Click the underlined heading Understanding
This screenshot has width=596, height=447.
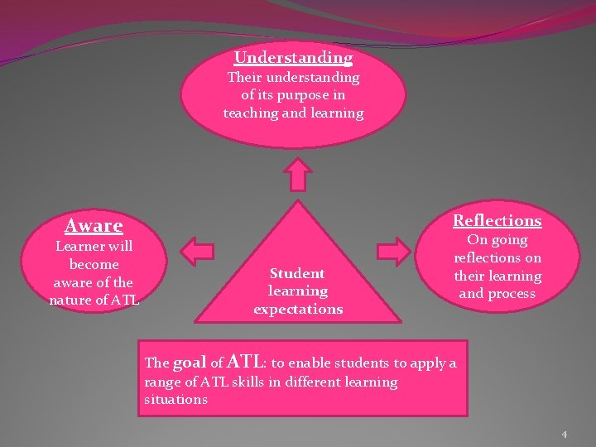point(293,58)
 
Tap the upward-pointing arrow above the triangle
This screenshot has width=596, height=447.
point(296,176)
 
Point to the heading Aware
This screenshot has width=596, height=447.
point(94,225)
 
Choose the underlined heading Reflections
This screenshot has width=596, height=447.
point(497,220)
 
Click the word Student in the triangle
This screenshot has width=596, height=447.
point(297,273)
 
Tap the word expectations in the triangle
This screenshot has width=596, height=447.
point(297,309)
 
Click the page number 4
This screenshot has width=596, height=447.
point(564,434)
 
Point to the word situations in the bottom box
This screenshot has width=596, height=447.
point(176,399)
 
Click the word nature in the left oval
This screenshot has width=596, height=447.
point(74,300)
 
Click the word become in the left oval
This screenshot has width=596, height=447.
point(94,264)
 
